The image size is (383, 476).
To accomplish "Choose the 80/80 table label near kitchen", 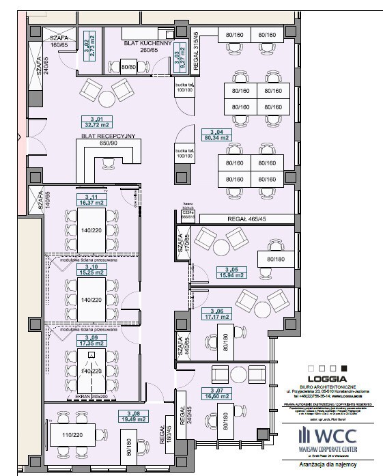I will [x=128, y=67].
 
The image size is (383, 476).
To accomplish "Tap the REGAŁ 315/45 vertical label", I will [x=195, y=49].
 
